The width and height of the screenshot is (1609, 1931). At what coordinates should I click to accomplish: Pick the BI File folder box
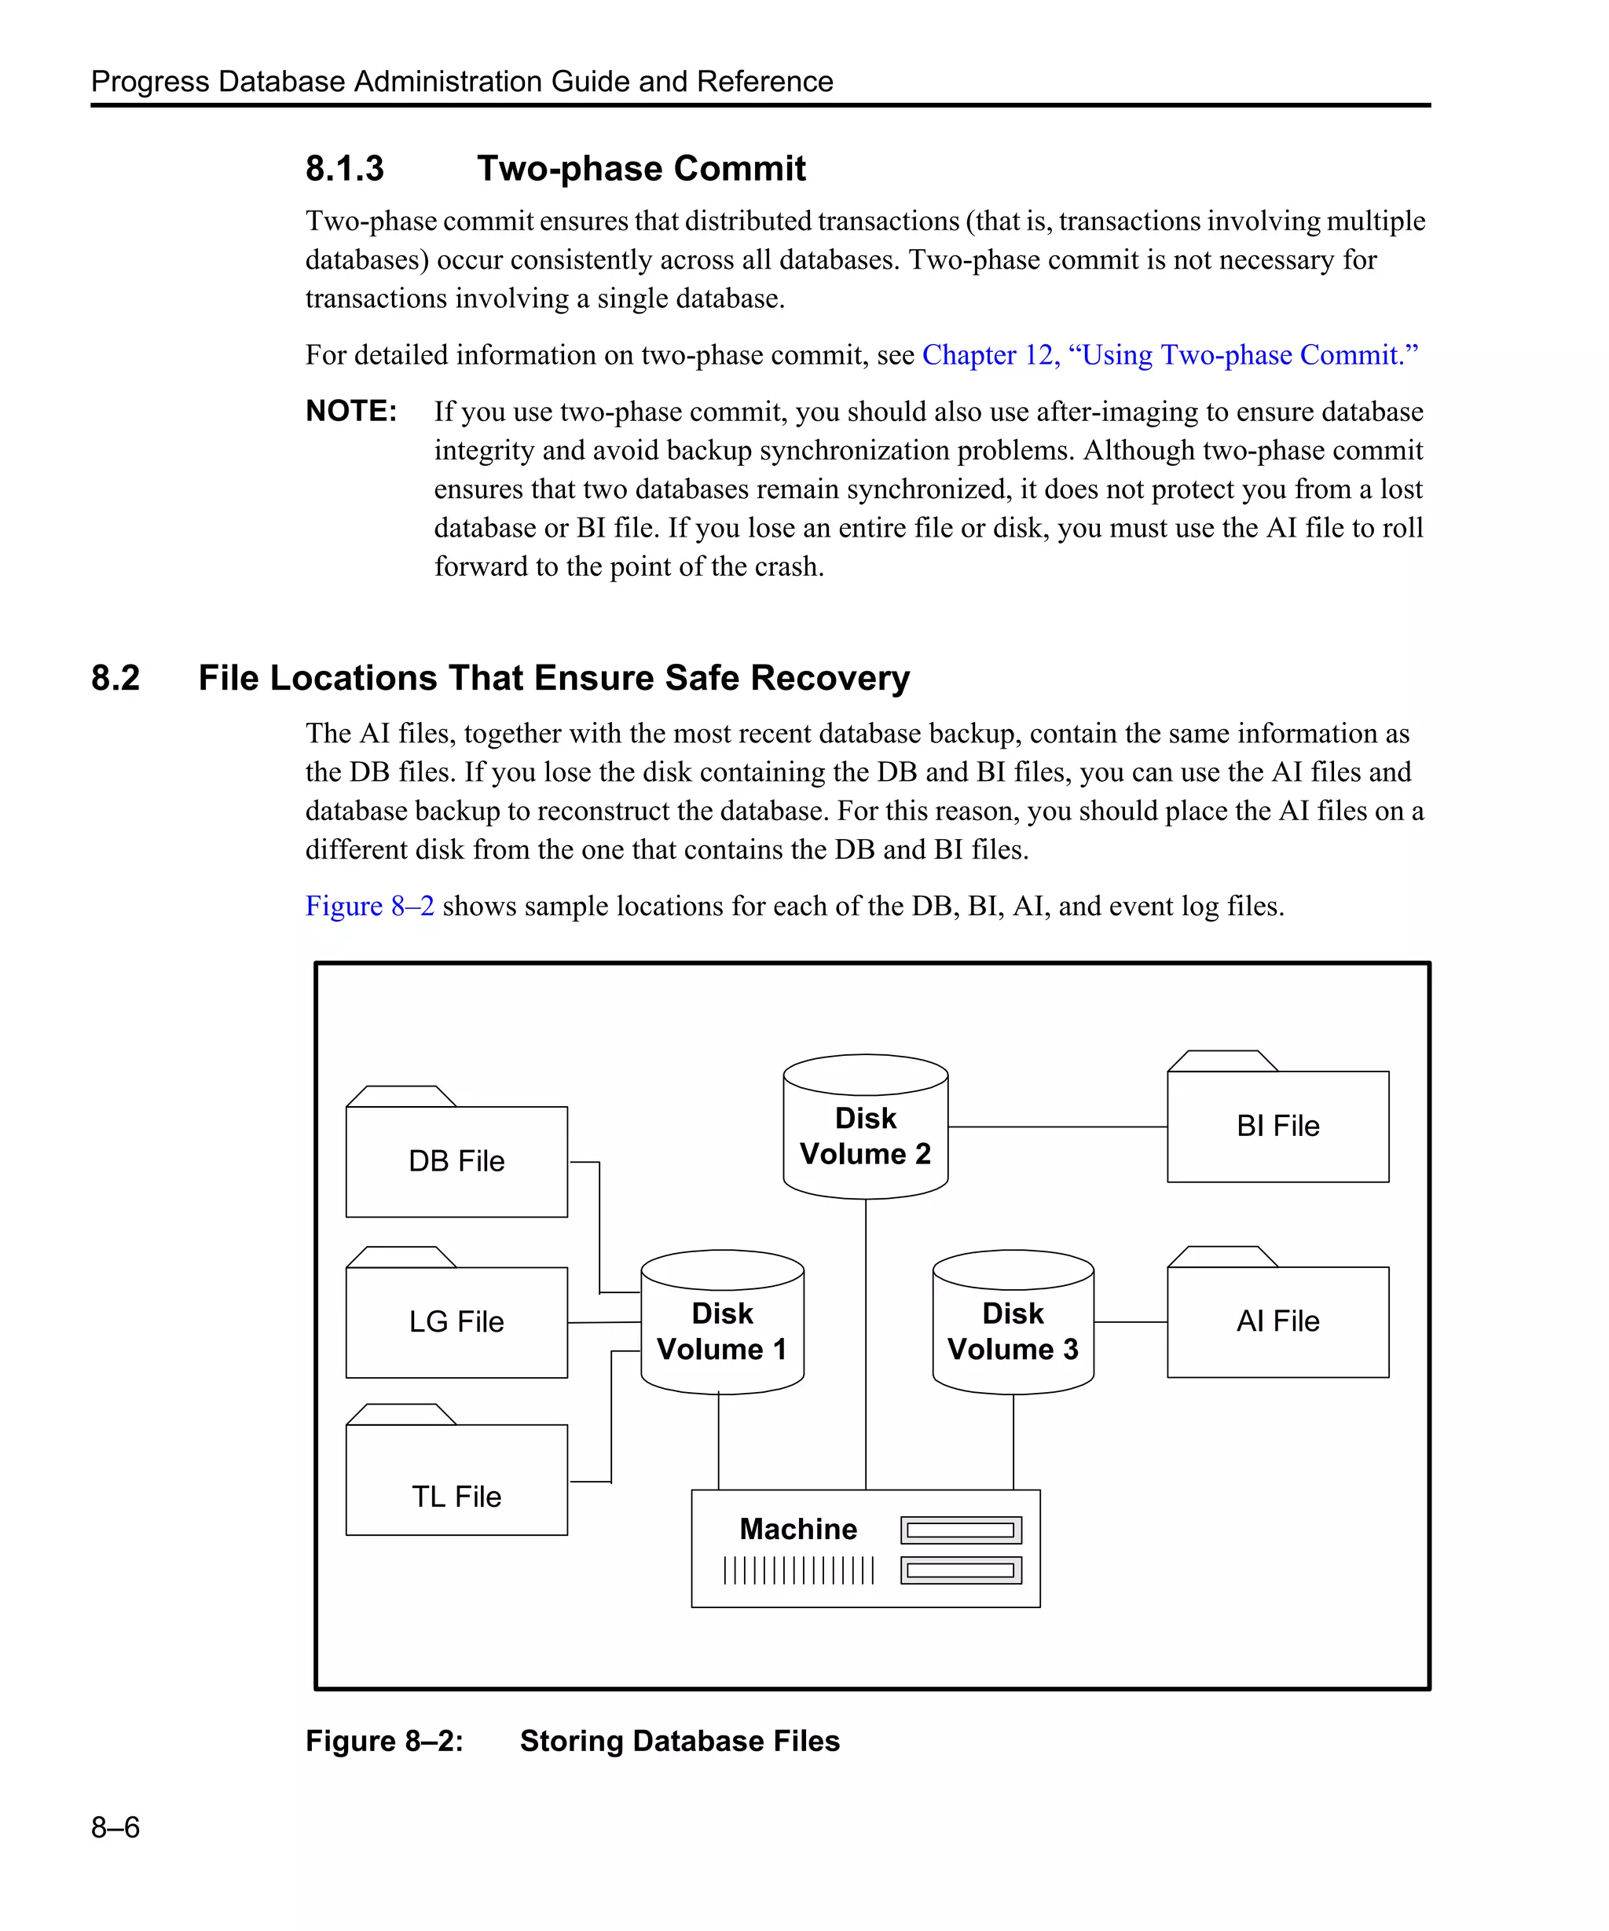1277,1126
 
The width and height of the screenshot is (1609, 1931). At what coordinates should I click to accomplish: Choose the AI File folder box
1277,1321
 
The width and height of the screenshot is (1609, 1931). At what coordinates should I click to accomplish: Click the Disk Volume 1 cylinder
722,1331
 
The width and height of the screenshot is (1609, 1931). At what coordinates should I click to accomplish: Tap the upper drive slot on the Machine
961,1530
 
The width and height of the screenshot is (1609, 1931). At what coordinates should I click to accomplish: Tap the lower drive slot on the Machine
961,1570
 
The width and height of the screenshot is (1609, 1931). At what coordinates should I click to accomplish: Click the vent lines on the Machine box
798,1570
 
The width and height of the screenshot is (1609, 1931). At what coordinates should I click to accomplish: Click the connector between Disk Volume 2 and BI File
1057,1127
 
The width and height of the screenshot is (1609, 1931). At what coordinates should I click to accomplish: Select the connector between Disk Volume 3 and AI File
1130,1322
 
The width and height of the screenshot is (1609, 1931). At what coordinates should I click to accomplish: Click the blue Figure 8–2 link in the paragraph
369,906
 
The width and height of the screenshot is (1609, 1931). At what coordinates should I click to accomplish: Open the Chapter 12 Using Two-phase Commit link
1170,355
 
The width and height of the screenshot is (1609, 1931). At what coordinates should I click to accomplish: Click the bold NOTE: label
351,411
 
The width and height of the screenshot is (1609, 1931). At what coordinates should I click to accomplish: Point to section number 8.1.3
345,168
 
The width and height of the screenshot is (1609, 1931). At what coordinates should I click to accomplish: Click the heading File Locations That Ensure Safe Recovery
554,678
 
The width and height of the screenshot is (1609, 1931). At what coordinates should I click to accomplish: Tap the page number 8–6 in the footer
115,1827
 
